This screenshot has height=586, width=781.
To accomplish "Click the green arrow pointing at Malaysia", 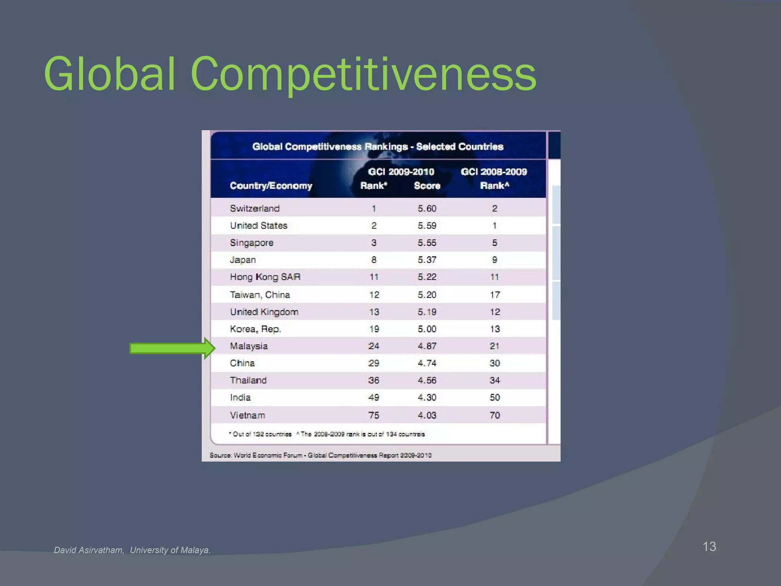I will point(172,348).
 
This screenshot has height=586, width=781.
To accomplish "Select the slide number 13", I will point(709,546).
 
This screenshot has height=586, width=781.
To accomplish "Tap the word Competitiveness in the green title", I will point(363,74).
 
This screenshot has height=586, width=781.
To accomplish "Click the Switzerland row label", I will point(255,208).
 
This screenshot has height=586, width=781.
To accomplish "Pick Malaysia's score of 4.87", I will point(427,346).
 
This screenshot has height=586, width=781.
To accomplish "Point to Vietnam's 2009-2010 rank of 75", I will point(374,415).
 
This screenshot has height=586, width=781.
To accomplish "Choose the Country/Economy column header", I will point(271,186).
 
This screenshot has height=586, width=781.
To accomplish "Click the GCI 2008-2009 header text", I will point(494,172).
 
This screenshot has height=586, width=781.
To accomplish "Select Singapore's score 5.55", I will point(427,243).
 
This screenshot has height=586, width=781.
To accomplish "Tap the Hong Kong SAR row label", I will point(265,277).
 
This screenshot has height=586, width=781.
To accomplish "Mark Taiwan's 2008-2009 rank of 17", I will point(495,295).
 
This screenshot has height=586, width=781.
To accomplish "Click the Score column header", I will point(427,186).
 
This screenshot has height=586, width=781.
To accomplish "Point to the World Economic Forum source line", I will point(320,455).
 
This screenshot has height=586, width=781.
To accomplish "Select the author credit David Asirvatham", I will point(89,550).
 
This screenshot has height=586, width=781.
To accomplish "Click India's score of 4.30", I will point(427,398).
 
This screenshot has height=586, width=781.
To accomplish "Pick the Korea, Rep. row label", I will point(255,329).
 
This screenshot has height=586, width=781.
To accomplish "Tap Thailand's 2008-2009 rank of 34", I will point(495,380).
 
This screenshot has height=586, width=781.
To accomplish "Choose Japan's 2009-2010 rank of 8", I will point(374,260).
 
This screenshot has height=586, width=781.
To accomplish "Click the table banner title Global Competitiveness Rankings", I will point(378,146).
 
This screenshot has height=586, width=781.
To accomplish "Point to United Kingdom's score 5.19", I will point(427,312).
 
